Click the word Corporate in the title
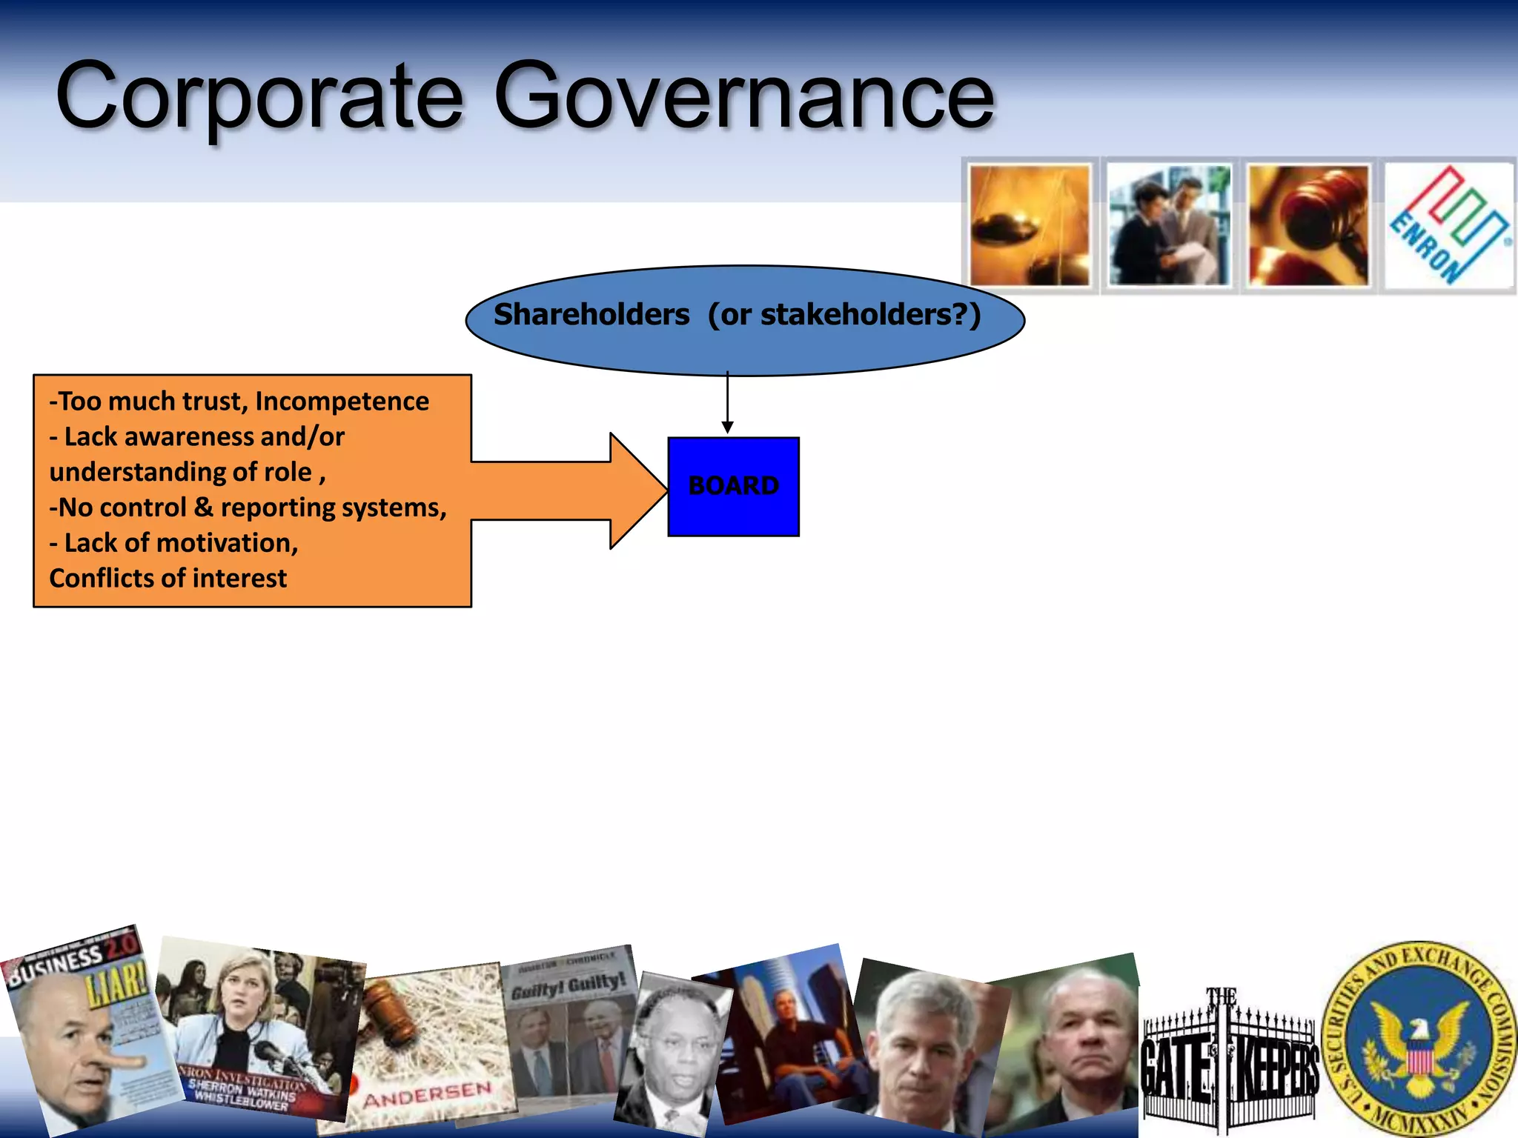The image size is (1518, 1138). click(x=259, y=96)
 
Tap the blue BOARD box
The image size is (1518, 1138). click(x=733, y=486)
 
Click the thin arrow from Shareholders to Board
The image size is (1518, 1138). click(x=728, y=404)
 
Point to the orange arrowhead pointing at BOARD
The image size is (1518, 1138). click(x=637, y=490)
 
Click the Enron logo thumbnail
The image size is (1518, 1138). click(x=1448, y=225)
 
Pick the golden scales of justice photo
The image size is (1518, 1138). click(x=1030, y=225)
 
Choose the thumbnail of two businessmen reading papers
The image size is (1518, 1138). click(x=1169, y=225)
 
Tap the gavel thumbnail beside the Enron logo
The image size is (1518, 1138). click(x=1308, y=225)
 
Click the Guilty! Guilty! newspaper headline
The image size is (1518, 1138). click(x=569, y=985)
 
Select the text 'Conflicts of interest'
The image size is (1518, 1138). click(x=168, y=578)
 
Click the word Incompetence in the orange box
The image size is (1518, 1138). click(x=342, y=401)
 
